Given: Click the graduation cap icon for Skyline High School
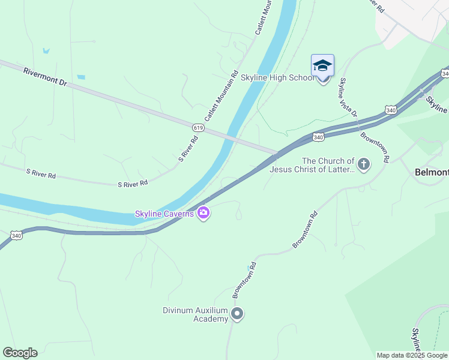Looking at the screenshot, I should (322, 65).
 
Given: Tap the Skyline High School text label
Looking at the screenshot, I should (277, 77).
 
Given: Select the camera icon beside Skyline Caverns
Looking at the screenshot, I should (203, 214).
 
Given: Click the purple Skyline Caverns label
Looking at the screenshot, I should (164, 214).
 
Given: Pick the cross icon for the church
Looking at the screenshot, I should (363, 164).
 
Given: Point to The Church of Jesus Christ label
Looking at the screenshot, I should (312, 165).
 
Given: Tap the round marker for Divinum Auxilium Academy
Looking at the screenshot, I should (237, 314).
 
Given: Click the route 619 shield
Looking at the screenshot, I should (198, 127).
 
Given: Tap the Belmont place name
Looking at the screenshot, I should (432, 172).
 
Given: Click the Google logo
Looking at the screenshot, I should (20, 353).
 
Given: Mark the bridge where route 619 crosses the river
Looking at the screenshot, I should (231, 137).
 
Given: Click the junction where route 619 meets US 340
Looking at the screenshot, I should (276, 154).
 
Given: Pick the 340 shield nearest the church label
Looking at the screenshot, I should (318, 137).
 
